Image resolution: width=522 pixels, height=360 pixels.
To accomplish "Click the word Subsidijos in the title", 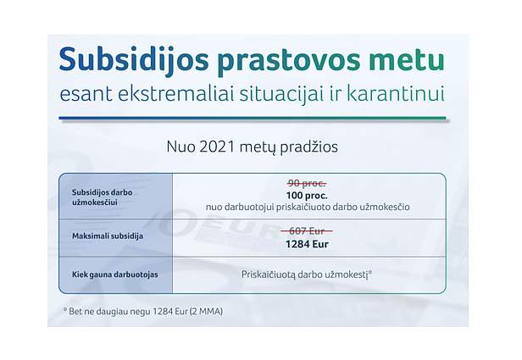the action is pos(134,60).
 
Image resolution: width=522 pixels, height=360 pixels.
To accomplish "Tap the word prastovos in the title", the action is pos(289,63).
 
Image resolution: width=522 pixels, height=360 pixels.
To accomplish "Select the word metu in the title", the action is pos(407,60).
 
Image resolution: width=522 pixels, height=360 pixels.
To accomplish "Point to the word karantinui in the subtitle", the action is pos(396,93).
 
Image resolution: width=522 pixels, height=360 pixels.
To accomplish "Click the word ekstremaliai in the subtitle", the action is pos(175,93).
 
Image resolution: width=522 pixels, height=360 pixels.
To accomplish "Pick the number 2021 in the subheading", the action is pos(217,147).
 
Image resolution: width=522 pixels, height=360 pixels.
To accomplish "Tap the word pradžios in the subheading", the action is pos(308,147).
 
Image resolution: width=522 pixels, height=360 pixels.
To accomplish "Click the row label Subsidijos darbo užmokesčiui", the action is pos(103,197).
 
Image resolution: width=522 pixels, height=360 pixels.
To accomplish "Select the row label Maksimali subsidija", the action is pos(108,235).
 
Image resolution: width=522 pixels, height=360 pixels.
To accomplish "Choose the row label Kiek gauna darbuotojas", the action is pos(115,274).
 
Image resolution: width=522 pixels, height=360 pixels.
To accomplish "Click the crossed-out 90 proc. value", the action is pos(307,183).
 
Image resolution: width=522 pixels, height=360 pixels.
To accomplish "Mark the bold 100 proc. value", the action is pos(307,196).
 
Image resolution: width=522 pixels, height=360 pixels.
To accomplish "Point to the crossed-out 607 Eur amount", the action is pos(307,230).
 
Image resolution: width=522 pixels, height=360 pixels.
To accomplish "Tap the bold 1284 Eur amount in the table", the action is pos(307,244).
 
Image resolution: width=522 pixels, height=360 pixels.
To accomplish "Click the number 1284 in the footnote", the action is pos(163,312).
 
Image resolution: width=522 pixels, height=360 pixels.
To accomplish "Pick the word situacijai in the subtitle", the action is pos(281,93).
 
